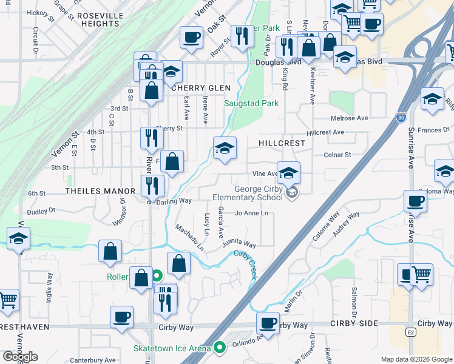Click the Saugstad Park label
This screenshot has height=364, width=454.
tap(251, 103)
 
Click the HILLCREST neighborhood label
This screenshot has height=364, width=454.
tap(281, 143)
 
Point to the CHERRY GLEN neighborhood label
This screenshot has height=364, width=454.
tap(201, 88)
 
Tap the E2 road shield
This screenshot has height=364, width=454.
tap(412, 332)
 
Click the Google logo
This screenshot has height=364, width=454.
tap(20, 356)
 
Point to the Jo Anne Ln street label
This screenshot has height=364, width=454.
tap(251, 213)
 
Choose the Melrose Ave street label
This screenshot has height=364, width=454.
tap(349, 118)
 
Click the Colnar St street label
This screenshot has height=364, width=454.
tap(337, 155)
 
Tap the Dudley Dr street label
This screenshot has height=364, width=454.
tap(41, 211)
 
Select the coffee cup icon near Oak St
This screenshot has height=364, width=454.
tap(191, 38)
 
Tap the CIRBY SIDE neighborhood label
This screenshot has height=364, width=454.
tap(354, 324)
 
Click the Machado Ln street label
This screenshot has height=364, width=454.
tap(189, 237)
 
